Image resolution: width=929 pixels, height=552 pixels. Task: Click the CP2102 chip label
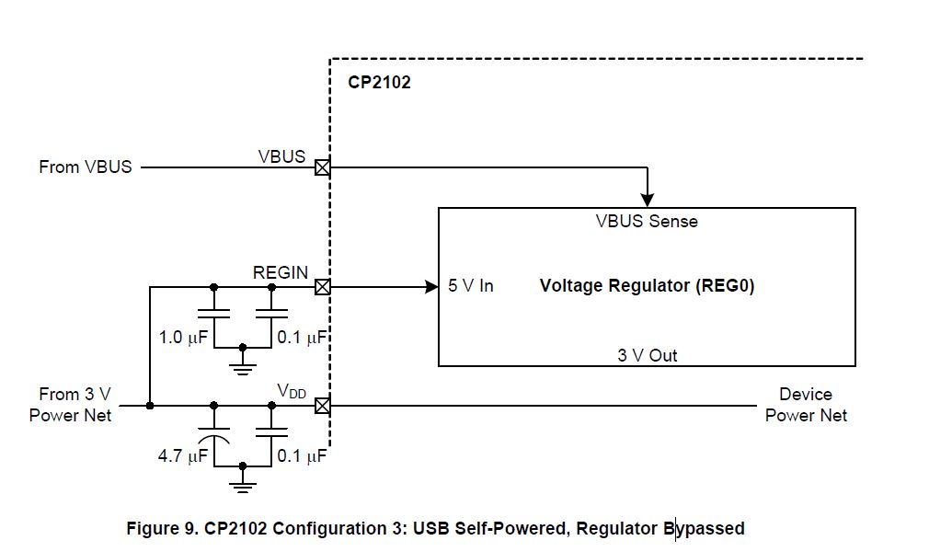click(379, 83)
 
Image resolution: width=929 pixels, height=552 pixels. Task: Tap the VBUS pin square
click(322, 168)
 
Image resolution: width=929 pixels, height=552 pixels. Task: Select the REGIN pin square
click(322, 287)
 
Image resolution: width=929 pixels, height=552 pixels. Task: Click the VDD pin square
click(322, 405)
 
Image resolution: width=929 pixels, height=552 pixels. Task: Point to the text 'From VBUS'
click(86, 167)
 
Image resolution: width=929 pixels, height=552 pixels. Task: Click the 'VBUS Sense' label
click(646, 222)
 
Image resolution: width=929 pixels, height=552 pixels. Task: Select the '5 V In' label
click(471, 286)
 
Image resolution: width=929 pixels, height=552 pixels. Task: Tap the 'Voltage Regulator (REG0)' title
click(647, 286)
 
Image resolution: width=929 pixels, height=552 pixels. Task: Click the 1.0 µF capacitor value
click(183, 338)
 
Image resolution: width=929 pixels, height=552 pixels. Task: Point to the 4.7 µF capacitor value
click(183, 455)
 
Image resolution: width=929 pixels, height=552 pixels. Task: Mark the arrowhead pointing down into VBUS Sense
click(648, 199)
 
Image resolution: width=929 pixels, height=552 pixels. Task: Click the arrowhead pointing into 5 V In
click(431, 287)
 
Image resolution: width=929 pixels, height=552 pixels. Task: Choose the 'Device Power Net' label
click(806, 405)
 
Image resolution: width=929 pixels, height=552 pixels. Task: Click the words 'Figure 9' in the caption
click(160, 529)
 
